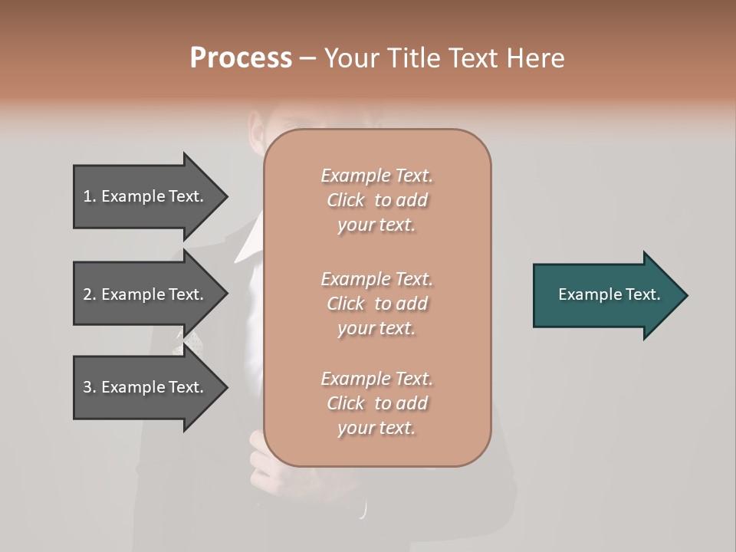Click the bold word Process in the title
coord(241,58)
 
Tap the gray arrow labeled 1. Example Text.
coord(146,196)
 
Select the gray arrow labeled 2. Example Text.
coord(146,294)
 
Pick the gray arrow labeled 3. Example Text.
coord(146,387)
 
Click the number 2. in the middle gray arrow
coord(90,294)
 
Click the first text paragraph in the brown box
coord(376,200)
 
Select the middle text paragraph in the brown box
coord(376,304)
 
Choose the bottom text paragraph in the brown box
coord(376,403)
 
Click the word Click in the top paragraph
coord(346,200)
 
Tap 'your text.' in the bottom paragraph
coord(376,428)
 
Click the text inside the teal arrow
coord(609,294)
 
